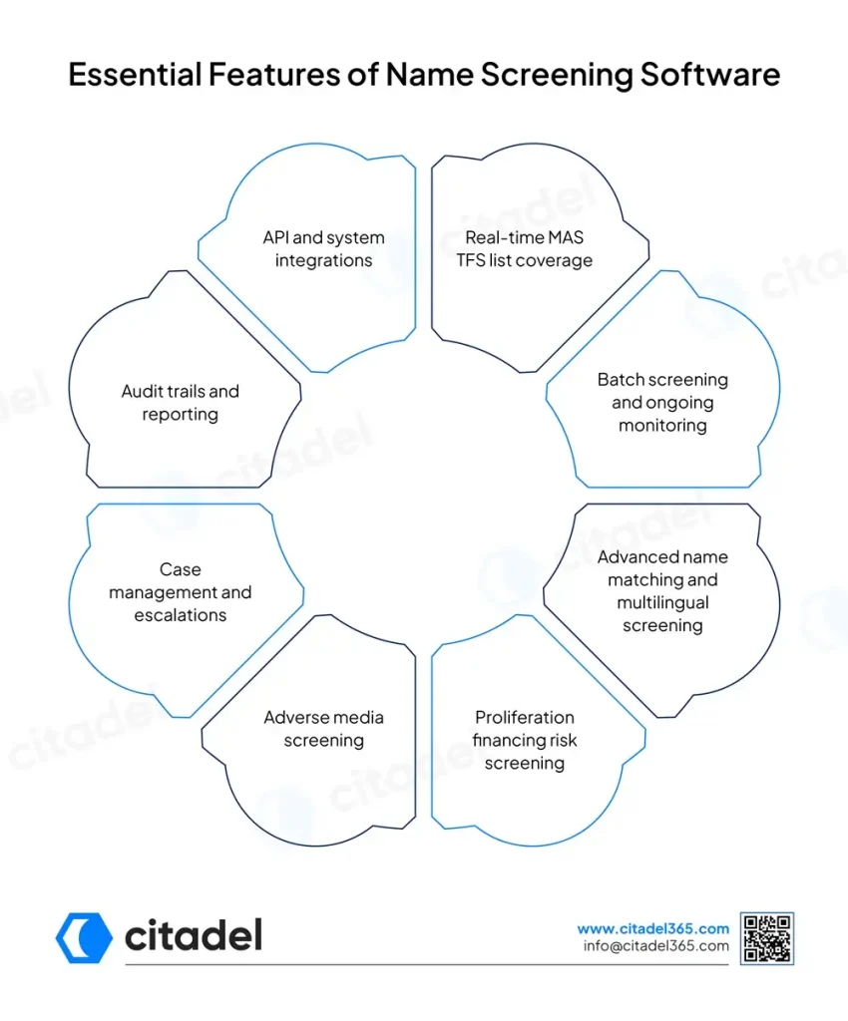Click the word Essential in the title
135,74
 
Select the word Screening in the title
557,76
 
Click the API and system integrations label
323,248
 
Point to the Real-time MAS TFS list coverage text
525,248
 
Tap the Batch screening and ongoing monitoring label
662,403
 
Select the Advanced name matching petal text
662,591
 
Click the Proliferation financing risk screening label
525,741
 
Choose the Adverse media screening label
323,729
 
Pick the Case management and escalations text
181,592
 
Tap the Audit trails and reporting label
181,403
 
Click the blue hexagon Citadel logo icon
84,937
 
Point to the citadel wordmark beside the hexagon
194,935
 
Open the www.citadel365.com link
652,928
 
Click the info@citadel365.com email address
655,946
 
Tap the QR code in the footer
767,938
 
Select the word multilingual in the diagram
662,603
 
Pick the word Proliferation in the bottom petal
525,718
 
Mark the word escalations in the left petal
181,615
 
